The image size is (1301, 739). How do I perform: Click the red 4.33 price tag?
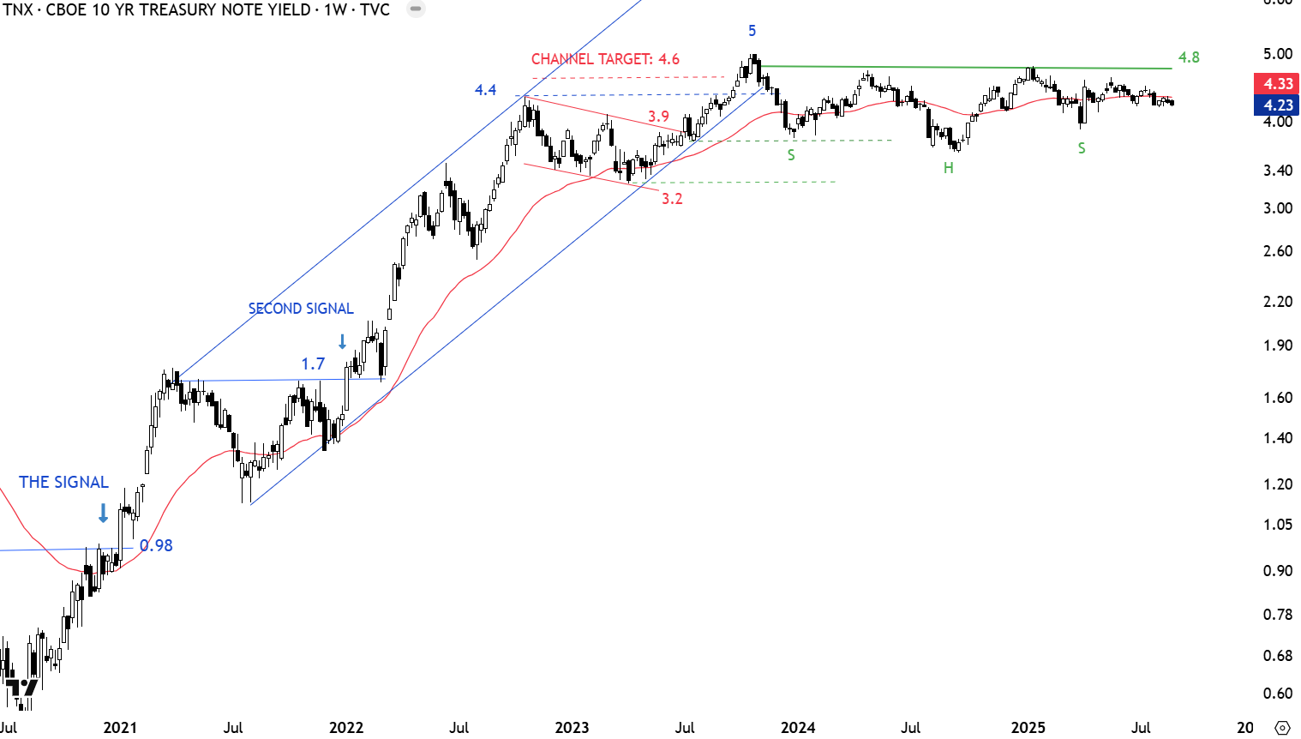(x=1277, y=83)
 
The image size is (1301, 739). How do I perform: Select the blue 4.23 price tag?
(x=1277, y=105)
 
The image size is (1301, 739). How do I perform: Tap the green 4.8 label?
(x=1189, y=57)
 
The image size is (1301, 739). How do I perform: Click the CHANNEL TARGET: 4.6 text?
(x=605, y=59)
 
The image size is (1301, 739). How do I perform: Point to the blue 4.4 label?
(x=485, y=90)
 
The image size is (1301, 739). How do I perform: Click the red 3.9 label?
(x=658, y=117)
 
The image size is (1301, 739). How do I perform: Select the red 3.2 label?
(x=672, y=199)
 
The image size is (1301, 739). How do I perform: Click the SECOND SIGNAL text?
(x=301, y=309)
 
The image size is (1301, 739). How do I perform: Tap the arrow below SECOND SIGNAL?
(x=343, y=342)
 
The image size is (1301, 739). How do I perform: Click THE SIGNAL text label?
(x=64, y=483)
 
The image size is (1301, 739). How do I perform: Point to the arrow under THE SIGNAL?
(x=103, y=514)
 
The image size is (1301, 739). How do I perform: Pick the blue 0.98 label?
(x=156, y=545)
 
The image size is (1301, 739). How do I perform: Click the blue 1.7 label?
(x=313, y=364)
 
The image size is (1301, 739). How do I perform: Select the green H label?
(x=948, y=168)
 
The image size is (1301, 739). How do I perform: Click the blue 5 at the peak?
(x=752, y=31)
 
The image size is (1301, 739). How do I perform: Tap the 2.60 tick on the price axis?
(x=1277, y=251)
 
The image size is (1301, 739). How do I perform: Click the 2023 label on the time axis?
(x=572, y=728)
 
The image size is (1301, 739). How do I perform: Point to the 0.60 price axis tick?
(x=1277, y=694)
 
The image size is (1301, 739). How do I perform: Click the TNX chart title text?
(x=195, y=10)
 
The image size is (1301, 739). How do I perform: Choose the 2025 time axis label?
(x=1028, y=728)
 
